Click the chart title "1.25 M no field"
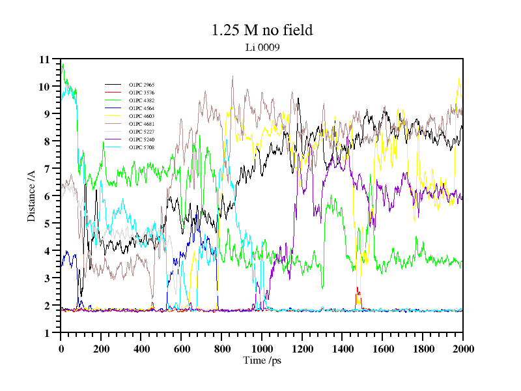click(x=262, y=30)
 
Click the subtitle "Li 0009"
click(x=262, y=47)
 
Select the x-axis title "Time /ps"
click(x=261, y=360)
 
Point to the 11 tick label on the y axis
click(x=44, y=59)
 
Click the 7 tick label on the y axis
click(x=47, y=169)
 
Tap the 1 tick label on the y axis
click(x=47, y=333)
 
